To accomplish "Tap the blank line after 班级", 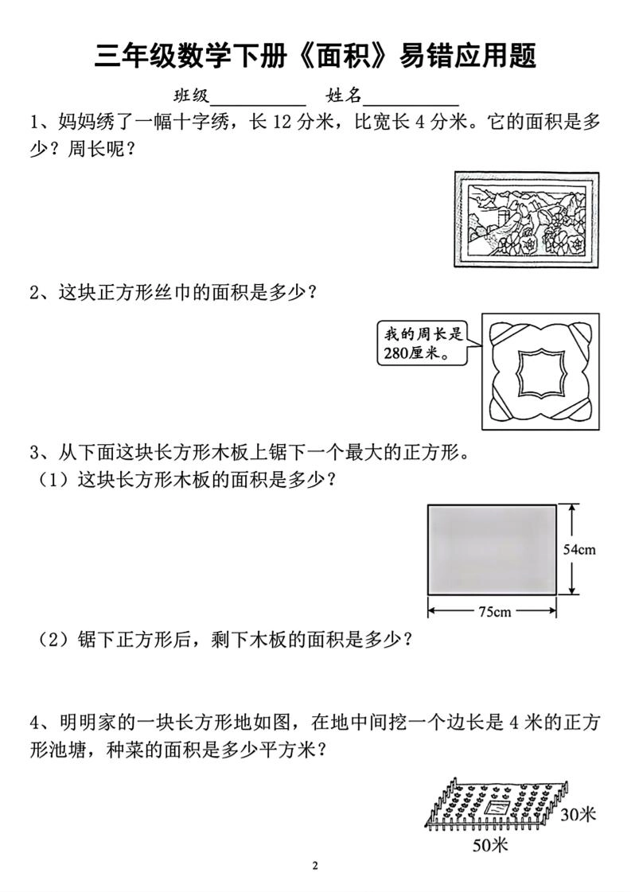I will tap(257, 99).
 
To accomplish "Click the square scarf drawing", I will tap(539, 371).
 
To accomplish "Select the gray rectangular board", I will tap(492, 548).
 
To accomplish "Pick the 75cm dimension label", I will tap(493, 611).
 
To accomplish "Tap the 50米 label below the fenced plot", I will tap(489, 846).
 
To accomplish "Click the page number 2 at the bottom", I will tap(315, 866).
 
